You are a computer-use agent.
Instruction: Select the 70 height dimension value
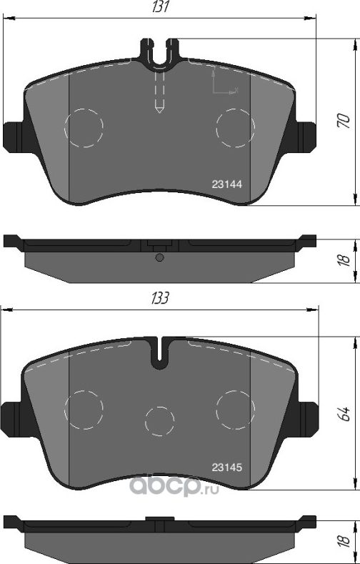pos(342,119)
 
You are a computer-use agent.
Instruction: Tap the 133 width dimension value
pos(161,298)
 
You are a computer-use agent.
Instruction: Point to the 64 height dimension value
pos(342,414)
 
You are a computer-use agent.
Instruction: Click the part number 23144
pos(227,184)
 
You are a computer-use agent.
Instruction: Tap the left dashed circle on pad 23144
pos(84,128)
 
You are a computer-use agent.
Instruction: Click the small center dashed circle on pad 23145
pos(160,420)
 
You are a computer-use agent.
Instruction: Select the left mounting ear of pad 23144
pos(13,137)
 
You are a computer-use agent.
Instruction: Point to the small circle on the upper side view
pos(160,257)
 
